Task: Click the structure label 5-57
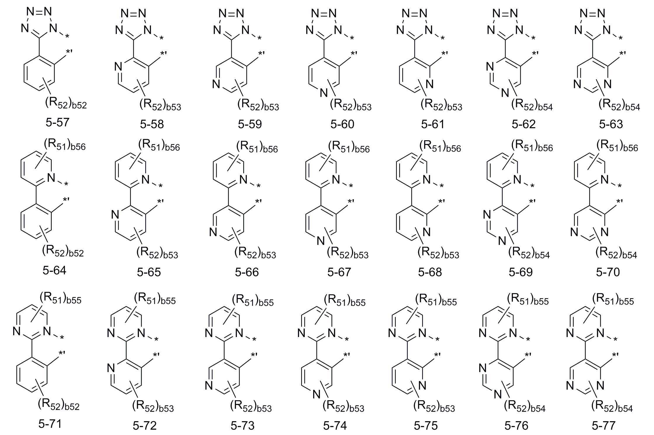pyautogui.click(x=58, y=122)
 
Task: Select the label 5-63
pyautogui.click(x=611, y=124)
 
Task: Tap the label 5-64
pyautogui.click(x=54, y=270)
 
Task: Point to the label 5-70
pyautogui.click(x=608, y=272)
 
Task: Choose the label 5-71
pyautogui.click(x=50, y=424)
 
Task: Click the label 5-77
pyautogui.click(x=604, y=426)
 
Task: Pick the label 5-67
pyautogui.click(x=339, y=272)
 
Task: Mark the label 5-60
pyautogui.click(x=342, y=124)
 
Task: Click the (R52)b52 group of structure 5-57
pyautogui.click(x=66, y=103)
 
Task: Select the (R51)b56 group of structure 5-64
pyautogui.click(x=65, y=145)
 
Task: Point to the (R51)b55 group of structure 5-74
pyautogui.click(x=345, y=300)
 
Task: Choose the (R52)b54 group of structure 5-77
pyautogui.click(x=612, y=406)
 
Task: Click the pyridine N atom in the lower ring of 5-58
pyautogui.click(x=118, y=67)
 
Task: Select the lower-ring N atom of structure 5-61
pyautogui.click(x=429, y=84)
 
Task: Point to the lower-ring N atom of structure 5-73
pyautogui.click(x=209, y=386)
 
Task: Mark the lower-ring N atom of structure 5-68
pyautogui.click(x=426, y=232)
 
